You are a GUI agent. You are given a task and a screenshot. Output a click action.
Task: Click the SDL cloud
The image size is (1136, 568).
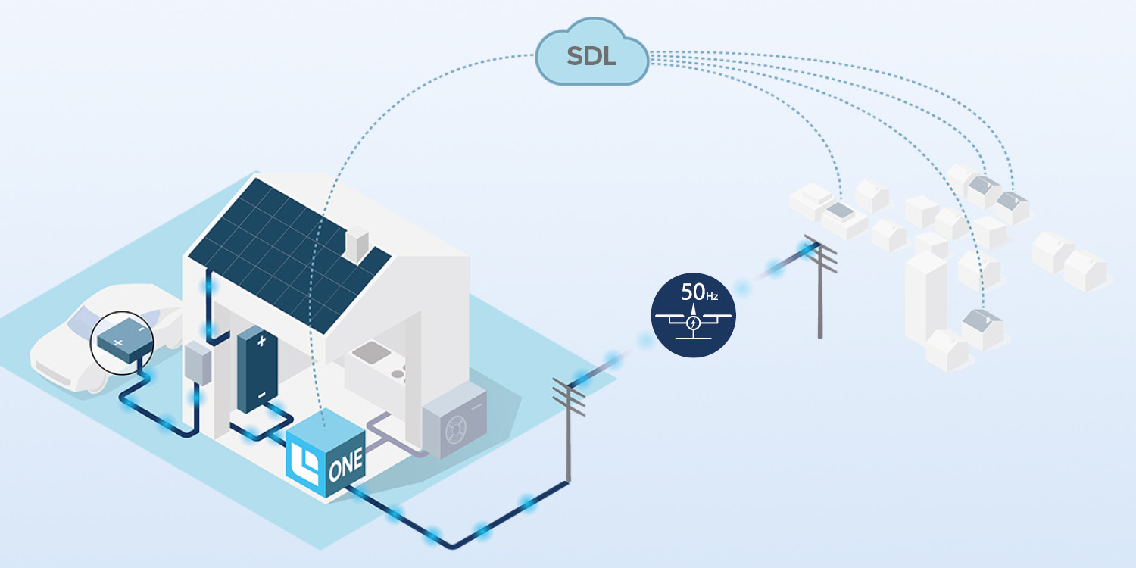point(591,57)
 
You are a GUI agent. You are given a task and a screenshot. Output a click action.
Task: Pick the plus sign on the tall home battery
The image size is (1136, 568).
point(261,342)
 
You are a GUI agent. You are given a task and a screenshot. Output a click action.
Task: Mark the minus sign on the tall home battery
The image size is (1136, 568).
point(261,395)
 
